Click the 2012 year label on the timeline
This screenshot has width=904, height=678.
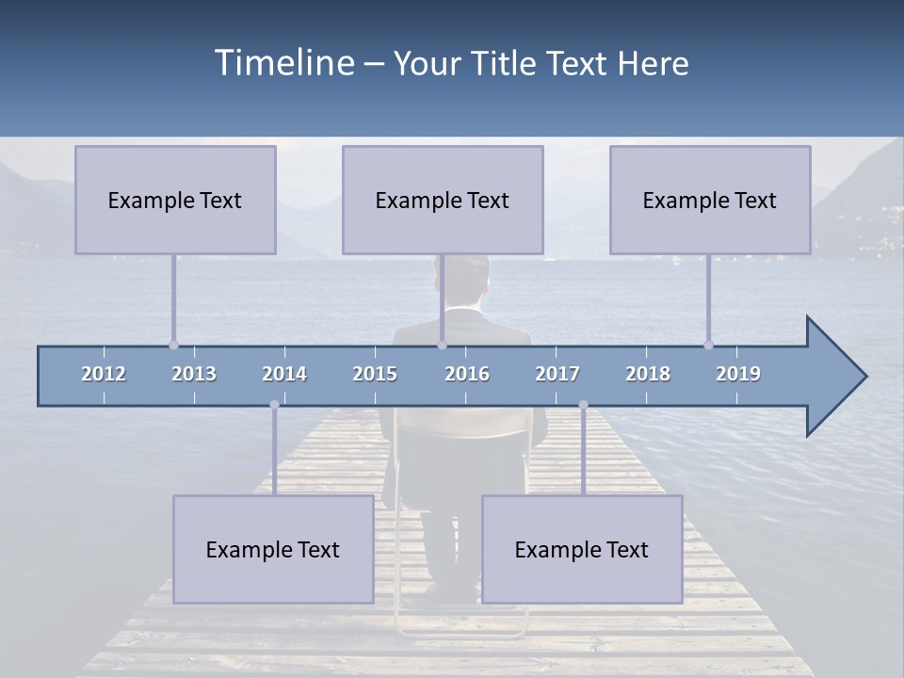tap(104, 374)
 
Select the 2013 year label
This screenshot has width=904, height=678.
tap(194, 374)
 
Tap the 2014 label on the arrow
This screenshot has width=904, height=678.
tap(284, 374)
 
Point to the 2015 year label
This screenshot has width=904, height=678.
tap(375, 374)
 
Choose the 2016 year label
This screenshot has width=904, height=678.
tap(467, 374)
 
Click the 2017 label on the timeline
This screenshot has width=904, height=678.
tap(557, 374)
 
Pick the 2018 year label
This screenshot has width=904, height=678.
tap(648, 374)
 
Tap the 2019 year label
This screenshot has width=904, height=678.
tap(738, 374)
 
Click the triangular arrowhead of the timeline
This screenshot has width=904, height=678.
tap(833, 377)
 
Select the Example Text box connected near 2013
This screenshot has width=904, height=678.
tap(175, 200)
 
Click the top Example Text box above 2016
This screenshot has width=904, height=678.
tap(443, 200)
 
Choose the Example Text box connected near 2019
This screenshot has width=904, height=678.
tap(710, 200)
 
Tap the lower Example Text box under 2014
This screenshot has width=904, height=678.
tap(273, 549)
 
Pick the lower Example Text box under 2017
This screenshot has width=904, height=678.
tap(582, 549)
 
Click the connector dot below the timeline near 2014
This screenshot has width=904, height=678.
tap(274, 405)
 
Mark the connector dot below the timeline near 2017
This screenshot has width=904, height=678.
tap(583, 405)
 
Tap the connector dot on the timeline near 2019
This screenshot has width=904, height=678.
tap(708, 345)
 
